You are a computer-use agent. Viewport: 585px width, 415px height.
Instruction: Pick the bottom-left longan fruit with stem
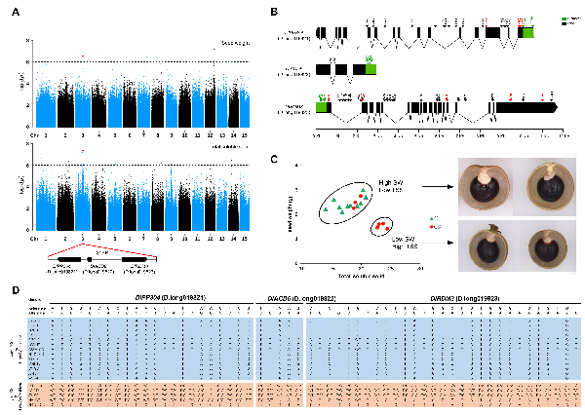tap(487, 239)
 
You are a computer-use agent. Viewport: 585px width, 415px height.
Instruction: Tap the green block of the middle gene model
tap(370, 70)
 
